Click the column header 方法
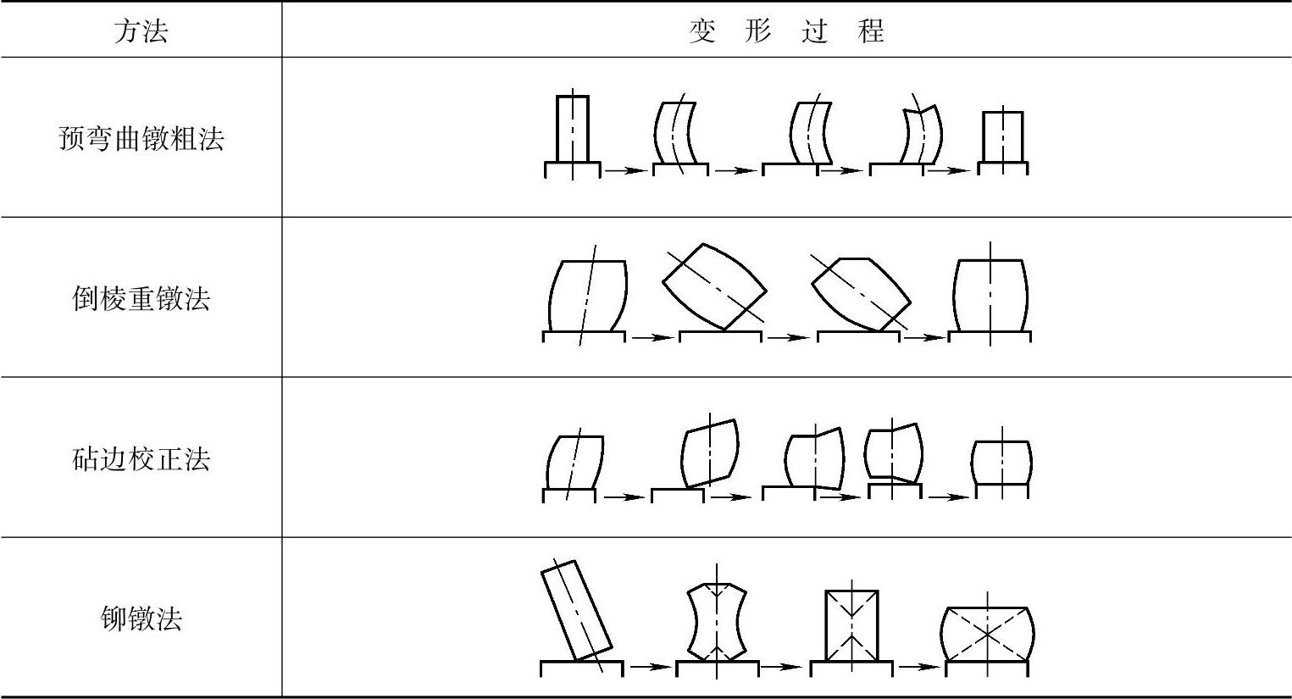(x=141, y=31)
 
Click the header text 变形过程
(x=786, y=31)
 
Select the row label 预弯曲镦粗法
(x=141, y=138)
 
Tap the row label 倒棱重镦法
(x=141, y=298)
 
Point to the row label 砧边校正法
(x=141, y=459)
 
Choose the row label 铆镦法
(x=141, y=619)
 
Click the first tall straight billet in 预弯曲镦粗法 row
(x=572, y=129)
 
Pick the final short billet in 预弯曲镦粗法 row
(x=1002, y=136)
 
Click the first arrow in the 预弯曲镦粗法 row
(x=625, y=170)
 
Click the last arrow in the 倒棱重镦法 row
(x=923, y=337)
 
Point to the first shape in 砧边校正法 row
(x=574, y=463)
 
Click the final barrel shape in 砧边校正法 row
(x=1001, y=462)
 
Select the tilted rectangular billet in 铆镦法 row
(x=576, y=610)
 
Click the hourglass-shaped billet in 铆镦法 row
(x=717, y=621)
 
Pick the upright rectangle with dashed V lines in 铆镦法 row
(x=851, y=625)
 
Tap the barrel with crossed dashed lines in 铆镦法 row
(x=988, y=634)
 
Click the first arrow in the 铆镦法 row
(x=649, y=666)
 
